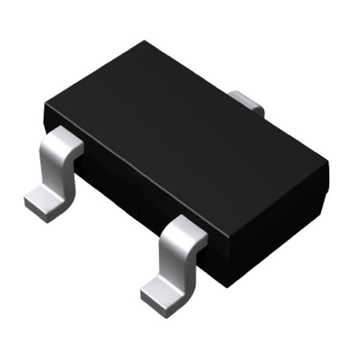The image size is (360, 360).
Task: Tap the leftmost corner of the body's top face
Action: click(x=45, y=104)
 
